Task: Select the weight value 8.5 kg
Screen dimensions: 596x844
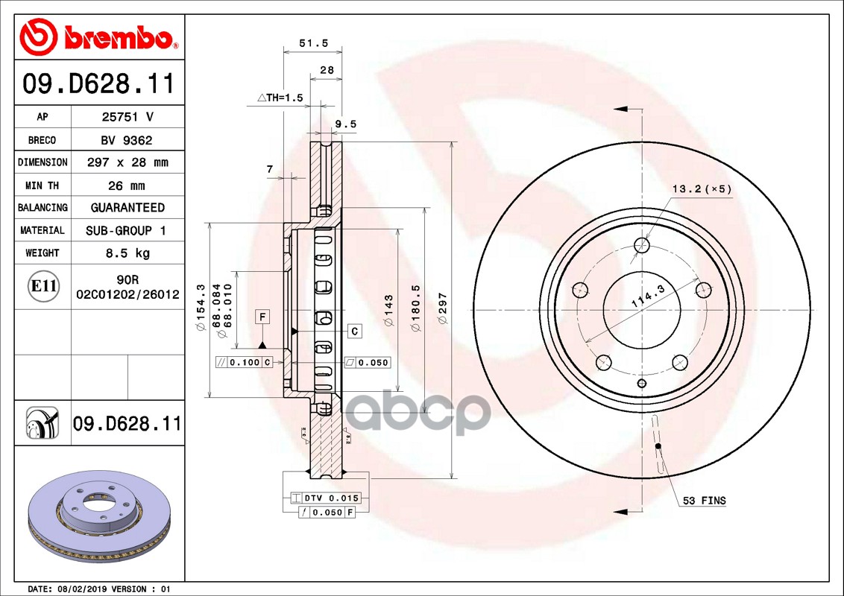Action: pyautogui.click(x=127, y=253)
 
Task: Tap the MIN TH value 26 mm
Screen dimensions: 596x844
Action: pyautogui.click(x=127, y=186)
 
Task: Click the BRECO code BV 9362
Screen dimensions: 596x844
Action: pyautogui.click(x=127, y=140)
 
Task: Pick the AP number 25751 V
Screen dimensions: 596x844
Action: pyautogui.click(x=127, y=117)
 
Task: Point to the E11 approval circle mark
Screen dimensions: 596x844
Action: pyautogui.click(x=42, y=285)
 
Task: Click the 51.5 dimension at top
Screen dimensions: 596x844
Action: pyautogui.click(x=313, y=43)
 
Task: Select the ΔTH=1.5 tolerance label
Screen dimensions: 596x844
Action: pyautogui.click(x=280, y=98)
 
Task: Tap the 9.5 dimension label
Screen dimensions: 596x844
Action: pyautogui.click(x=345, y=124)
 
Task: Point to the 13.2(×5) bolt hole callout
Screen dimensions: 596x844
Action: pyautogui.click(x=702, y=189)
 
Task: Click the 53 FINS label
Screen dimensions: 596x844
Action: pyautogui.click(x=704, y=501)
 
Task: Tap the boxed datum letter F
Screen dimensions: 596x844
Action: pyautogui.click(x=262, y=317)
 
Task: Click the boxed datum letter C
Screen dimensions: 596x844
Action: pyautogui.click(x=355, y=331)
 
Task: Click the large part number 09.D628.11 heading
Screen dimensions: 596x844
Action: pyautogui.click(x=99, y=83)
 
